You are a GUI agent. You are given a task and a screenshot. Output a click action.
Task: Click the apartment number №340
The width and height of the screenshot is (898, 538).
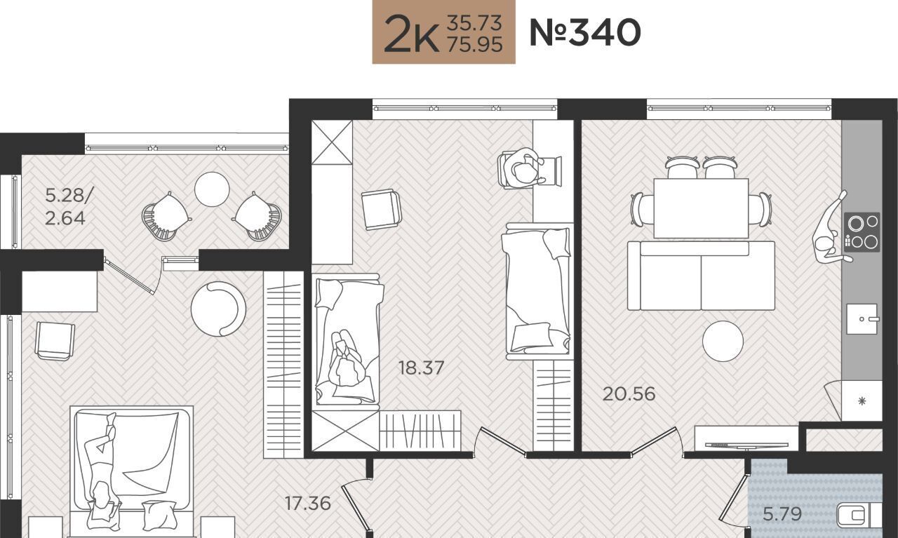(585, 32)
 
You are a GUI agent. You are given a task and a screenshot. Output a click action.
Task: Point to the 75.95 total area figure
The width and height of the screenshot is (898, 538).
(475, 44)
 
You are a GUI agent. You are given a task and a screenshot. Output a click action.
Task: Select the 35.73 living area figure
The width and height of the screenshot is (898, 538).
(474, 22)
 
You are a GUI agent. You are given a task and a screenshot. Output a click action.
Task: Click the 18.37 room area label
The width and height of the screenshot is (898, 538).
(422, 368)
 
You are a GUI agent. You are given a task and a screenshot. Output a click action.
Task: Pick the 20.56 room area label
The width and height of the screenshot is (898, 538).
(629, 394)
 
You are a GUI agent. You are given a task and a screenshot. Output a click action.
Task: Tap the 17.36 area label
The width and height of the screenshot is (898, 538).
(308, 503)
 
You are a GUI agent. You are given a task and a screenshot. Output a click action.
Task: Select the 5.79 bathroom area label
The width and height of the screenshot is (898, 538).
(782, 513)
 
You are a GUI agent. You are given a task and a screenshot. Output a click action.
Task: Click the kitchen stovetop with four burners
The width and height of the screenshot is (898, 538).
(862, 232)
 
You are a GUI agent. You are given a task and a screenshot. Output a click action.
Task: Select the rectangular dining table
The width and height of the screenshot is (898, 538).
(701, 208)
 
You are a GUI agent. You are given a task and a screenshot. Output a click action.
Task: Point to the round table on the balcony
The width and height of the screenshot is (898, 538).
(212, 189)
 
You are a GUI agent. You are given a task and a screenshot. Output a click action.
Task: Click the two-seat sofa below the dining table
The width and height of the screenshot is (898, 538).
(701, 276)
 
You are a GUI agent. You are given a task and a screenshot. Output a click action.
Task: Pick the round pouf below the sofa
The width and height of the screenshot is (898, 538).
(723, 341)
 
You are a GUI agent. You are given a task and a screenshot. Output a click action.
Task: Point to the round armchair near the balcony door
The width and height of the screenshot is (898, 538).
(218, 309)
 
